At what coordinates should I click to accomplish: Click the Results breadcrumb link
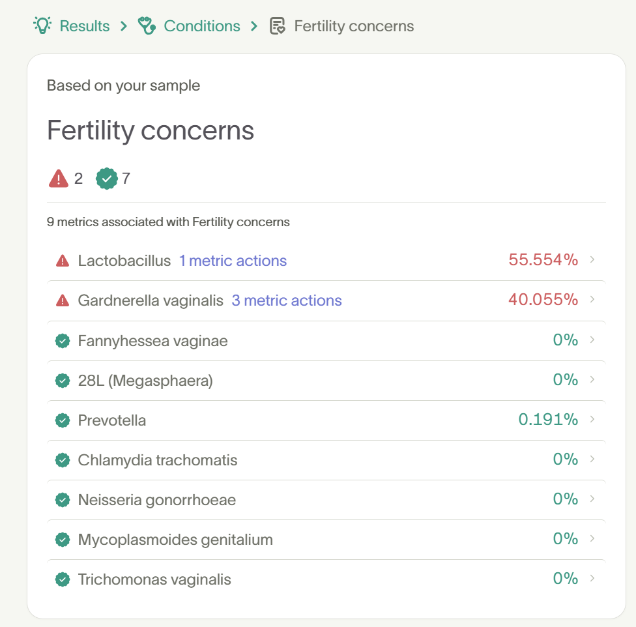point(84,26)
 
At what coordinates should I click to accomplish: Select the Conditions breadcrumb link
point(201,26)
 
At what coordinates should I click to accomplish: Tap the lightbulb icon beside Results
point(43,25)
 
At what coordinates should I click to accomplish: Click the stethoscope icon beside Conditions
point(147,26)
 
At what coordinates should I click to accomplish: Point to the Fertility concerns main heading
point(151,130)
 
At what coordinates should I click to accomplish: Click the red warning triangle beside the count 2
point(59,178)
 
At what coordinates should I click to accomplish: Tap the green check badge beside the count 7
point(106,178)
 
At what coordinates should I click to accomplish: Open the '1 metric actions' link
point(233,261)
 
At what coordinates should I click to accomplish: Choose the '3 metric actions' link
point(287,300)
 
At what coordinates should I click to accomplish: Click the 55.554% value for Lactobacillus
point(543,260)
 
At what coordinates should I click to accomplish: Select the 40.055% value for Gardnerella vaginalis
point(543,300)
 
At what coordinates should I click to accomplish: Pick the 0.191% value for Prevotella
point(548,420)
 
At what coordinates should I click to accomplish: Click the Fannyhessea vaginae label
point(152,341)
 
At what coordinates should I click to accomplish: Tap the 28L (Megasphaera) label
point(145,381)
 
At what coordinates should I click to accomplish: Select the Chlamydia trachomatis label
point(158,460)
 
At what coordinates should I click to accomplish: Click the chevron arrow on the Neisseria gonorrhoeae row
point(592,499)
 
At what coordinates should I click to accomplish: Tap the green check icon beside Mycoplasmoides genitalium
point(63,540)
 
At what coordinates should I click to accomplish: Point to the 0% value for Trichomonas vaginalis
point(565,579)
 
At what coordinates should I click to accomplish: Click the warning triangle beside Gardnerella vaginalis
point(63,300)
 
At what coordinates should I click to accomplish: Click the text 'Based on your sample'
point(123,85)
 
